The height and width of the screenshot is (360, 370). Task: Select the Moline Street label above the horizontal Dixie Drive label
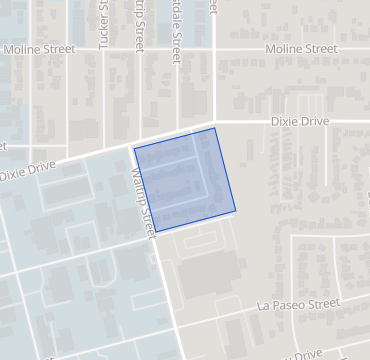click(x=301, y=48)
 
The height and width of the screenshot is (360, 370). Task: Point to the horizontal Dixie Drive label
click(x=300, y=121)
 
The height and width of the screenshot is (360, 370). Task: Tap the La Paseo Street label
click(x=299, y=302)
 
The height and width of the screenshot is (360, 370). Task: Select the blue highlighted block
click(x=185, y=180)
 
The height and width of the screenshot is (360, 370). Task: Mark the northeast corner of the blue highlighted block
click(x=215, y=128)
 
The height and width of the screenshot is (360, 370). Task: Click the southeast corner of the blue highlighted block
click(x=236, y=211)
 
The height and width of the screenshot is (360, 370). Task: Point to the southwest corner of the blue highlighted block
click(x=155, y=232)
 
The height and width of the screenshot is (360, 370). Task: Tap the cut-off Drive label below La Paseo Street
click(x=304, y=354)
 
